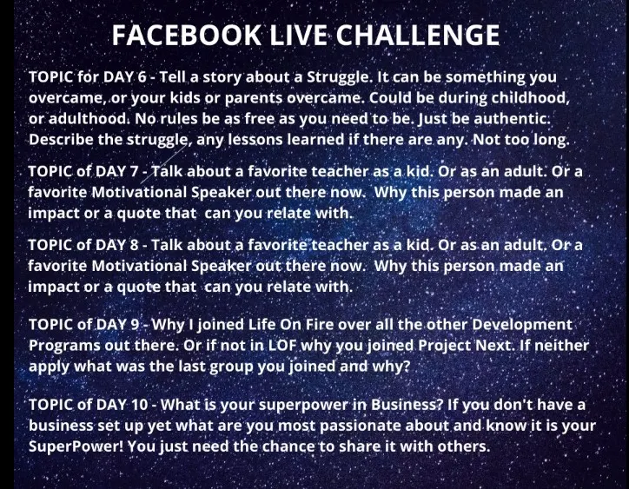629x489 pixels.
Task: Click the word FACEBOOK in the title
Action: pyautogui.click(x=187, y=35)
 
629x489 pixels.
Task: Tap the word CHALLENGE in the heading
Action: pyautogui.click(x=418, y=35)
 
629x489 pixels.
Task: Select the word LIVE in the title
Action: pyautogui.click(x=299, y=35)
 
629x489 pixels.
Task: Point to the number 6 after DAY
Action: pyautogui.click(x=142, y=76)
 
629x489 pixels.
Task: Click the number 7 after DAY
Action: pyautogui.click(x=134, y=171)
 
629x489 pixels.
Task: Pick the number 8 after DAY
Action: pyautogui.click(x=134, y=245)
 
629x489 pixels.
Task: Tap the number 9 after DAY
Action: pyautogui.click(x=135, y=324)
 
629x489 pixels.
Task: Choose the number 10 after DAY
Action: pyautogui.click(x=140, y=405)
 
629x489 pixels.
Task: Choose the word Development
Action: pyautogui.click(x=522, y=325)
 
